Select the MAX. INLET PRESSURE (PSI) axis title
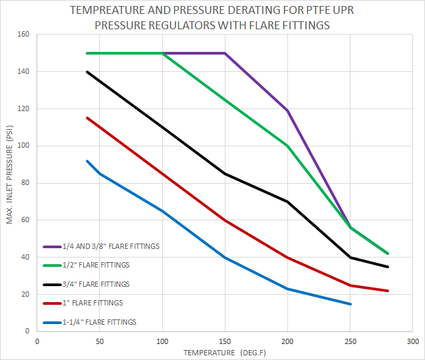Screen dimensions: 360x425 click(x=10, y=182)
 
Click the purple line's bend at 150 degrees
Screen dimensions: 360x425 click(x=225, y=53)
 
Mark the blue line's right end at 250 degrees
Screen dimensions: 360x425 click(x=351, y=304)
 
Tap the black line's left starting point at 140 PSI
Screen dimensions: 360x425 click(x=87, y=72)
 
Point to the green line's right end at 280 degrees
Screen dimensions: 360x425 click(x=388, y=254)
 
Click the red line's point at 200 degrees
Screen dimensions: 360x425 click(x=288, y=258)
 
